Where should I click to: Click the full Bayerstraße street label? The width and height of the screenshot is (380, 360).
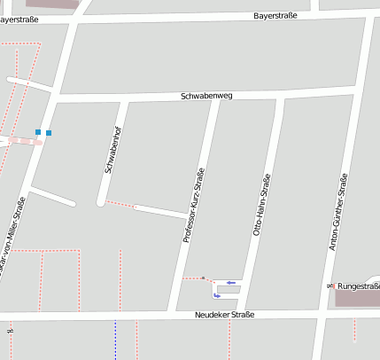[275, 15]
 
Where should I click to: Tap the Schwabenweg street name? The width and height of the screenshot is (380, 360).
[206, 95]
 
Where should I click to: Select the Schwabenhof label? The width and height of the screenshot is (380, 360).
[112, 150]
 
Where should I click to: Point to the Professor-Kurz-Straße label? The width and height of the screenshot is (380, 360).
[193, 206]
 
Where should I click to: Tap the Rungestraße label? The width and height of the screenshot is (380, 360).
[358, 286]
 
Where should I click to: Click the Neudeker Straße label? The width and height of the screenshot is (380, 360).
[225, 315]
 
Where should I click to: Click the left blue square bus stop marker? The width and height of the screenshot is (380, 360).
[38, 132]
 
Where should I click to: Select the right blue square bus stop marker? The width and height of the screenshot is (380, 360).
[49, 133]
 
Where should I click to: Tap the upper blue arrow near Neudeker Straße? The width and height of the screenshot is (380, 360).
[231, 282]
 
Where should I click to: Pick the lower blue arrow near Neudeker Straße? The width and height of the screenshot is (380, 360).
[217, 295]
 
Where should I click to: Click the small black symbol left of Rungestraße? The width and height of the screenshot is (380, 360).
[330, 286]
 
